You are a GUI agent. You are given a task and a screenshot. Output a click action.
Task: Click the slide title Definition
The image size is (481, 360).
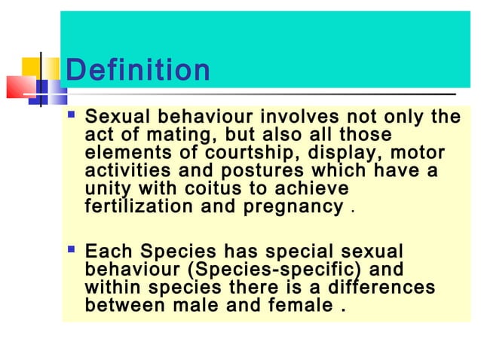pos(138,71)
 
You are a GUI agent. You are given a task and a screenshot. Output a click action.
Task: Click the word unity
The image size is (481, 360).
pos(106,188)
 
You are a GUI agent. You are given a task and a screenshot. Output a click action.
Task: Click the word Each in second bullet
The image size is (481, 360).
pos(110,252)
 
